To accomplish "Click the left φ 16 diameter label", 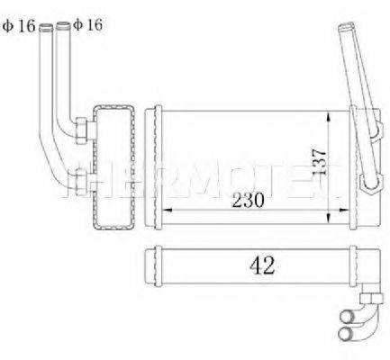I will click(19, 25).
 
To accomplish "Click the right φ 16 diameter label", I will click(87, 25).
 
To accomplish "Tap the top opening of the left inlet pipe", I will click(45, 26).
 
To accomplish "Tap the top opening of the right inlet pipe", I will click(64, 26).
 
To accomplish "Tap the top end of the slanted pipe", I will click(344, 30).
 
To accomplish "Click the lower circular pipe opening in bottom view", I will click(348, 336).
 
